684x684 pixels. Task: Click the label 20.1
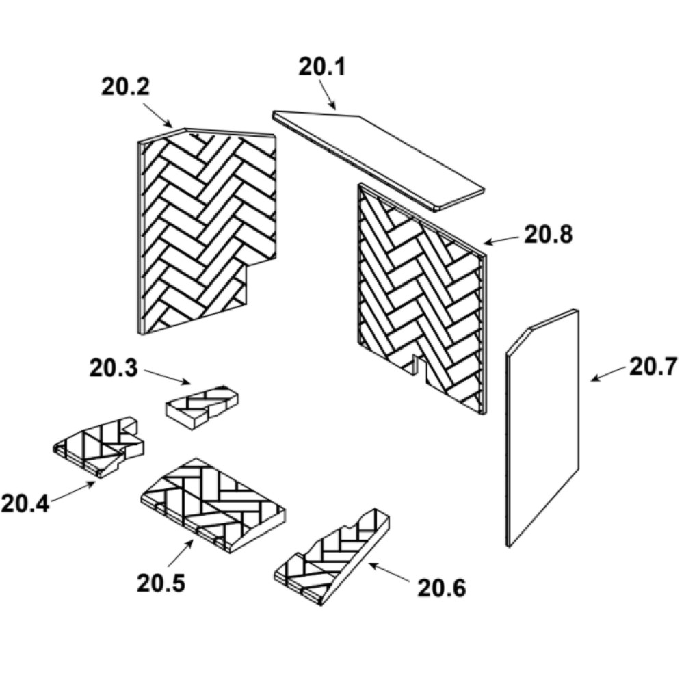click(x=322, y=67)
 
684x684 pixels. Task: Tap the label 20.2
click(x=125, y=86)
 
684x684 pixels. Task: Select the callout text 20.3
click(x=114, y=368)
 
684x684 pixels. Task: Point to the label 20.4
click(x=25, y=504)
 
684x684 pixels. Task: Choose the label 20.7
click(x=653, y=367)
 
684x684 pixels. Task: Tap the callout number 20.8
click(x=548, y=235)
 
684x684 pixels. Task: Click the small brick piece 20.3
click(x=202, y=407)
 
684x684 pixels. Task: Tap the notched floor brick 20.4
click(x=99, y=447)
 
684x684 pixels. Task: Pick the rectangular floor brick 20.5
click(x=213, y=505)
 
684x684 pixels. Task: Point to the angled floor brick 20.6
click(x=332, y=557)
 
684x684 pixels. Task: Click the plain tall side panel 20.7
click(x=542, y=428)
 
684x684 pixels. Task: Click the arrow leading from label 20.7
click(x=609, y=374)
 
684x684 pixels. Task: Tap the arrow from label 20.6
click(x=389, y=573)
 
